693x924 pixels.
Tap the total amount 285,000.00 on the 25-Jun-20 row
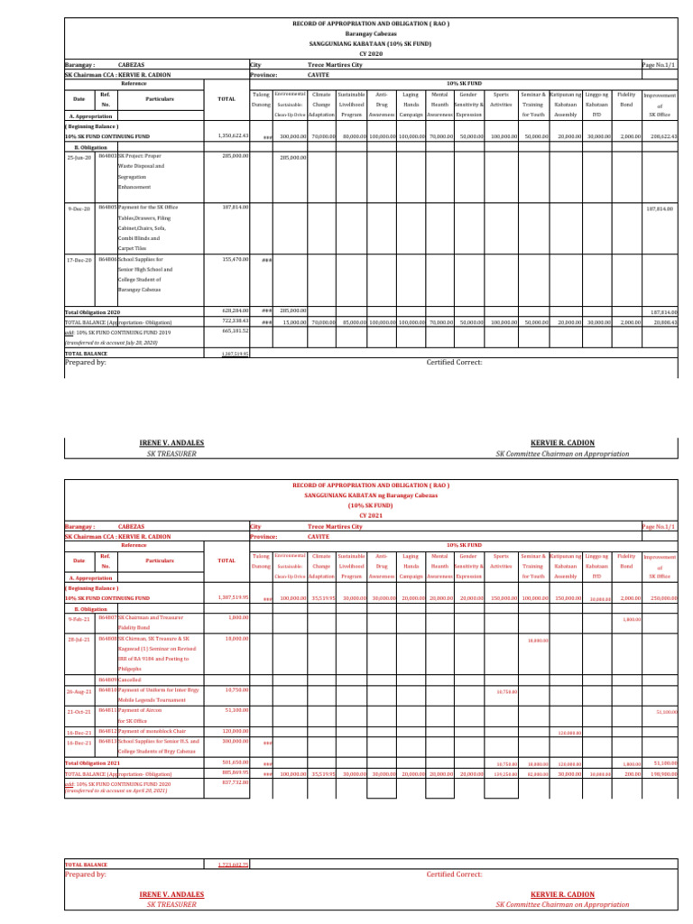[234, 156]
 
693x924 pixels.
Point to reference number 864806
[106, 260]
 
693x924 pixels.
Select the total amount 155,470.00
[234, 260]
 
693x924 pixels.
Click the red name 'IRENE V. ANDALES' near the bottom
[171, 894]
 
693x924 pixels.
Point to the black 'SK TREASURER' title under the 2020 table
[171, 453]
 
